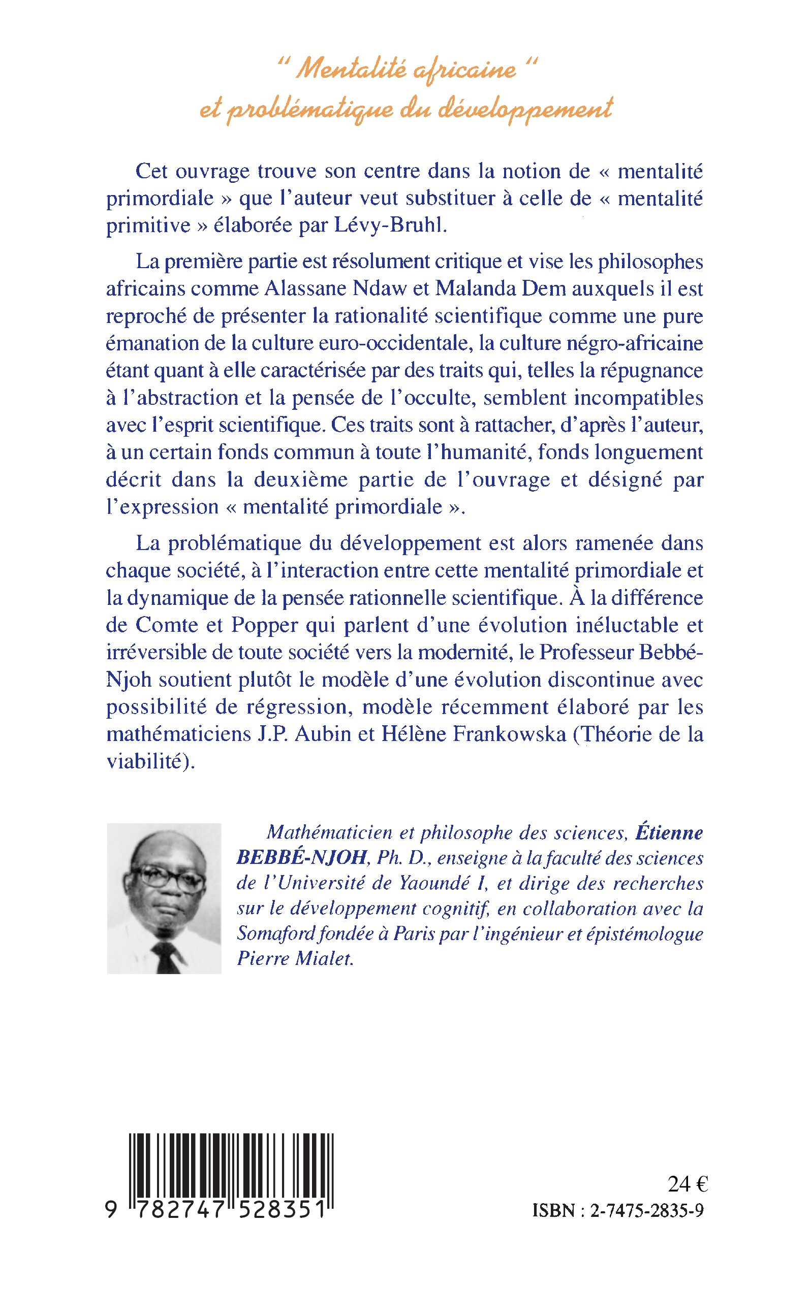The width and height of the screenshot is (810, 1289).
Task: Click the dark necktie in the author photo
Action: click(x=167, y=956)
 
